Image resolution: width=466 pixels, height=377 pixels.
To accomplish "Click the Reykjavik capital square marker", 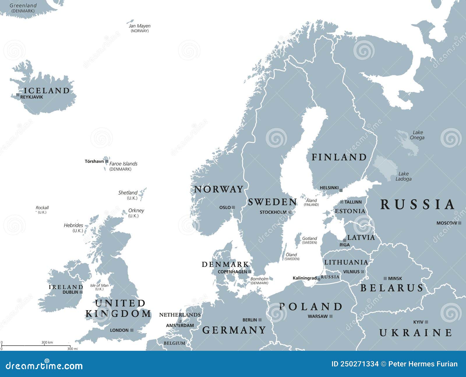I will click(18, 95).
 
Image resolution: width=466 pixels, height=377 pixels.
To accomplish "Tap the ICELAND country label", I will click(47, 91).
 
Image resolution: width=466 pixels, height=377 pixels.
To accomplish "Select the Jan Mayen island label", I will click(140, 26).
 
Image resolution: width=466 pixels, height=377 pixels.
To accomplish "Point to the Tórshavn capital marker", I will click(107, 161).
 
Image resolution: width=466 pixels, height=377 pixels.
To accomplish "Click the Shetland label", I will click(128, 193).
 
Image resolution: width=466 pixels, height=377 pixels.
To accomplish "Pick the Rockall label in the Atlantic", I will click(42, 208).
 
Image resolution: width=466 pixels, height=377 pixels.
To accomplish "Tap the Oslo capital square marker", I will click(233, 207).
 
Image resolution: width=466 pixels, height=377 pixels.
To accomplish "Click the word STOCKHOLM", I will click(273, 212).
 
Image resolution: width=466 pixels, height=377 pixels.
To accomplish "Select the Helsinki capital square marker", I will click(341, 191).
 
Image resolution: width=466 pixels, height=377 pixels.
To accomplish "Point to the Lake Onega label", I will click(417, 135).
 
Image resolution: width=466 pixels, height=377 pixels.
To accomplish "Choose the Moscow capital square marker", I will click(460, 223).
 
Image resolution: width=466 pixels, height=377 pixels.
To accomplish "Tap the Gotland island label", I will click(309, 238).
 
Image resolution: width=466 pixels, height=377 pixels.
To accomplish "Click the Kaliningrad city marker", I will click(319, 279).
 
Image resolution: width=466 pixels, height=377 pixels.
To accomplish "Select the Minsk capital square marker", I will click(385, 279).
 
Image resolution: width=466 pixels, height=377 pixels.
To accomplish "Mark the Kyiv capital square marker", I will click(426, 322).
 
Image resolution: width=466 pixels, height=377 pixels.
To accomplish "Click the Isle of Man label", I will click(99, 286).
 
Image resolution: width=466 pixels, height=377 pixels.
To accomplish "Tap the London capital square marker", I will click(132, 330).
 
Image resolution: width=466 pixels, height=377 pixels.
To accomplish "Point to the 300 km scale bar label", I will click(47, 342).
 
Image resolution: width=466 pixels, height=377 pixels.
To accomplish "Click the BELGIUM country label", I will click(174, 343).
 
